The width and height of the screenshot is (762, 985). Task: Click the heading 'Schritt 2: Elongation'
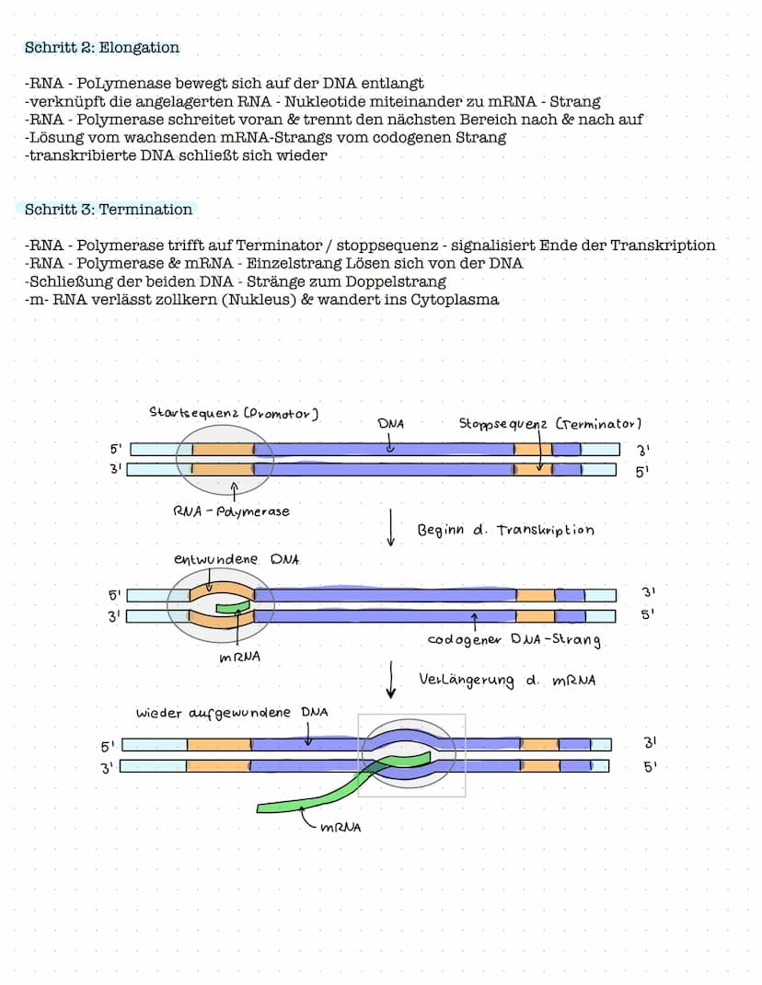click(102, 47)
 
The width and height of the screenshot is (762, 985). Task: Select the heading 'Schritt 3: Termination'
click(109, 210)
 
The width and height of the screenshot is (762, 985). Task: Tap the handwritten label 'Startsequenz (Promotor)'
click(234, 414)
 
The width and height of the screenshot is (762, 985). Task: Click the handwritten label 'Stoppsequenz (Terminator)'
click(549, 424)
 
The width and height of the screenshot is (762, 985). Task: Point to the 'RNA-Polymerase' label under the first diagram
click(231, 511)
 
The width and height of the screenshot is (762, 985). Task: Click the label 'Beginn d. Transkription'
click(505, 531)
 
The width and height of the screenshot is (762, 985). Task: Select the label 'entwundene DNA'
click(236, 559)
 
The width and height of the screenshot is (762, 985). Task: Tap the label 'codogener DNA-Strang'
click(514, 640)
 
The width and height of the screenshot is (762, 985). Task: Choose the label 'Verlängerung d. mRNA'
click(507, 681)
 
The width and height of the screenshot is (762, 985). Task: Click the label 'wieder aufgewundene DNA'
click(232, 713)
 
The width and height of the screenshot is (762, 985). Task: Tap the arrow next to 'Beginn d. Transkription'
click(391, 529)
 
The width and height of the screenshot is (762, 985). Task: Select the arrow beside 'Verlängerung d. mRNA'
click(392, 680)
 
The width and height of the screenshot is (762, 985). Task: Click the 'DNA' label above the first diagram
click(391, 424)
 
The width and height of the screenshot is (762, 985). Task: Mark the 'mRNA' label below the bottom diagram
click(341, 827)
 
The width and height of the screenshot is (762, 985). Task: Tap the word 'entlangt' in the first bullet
click(392, 84)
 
